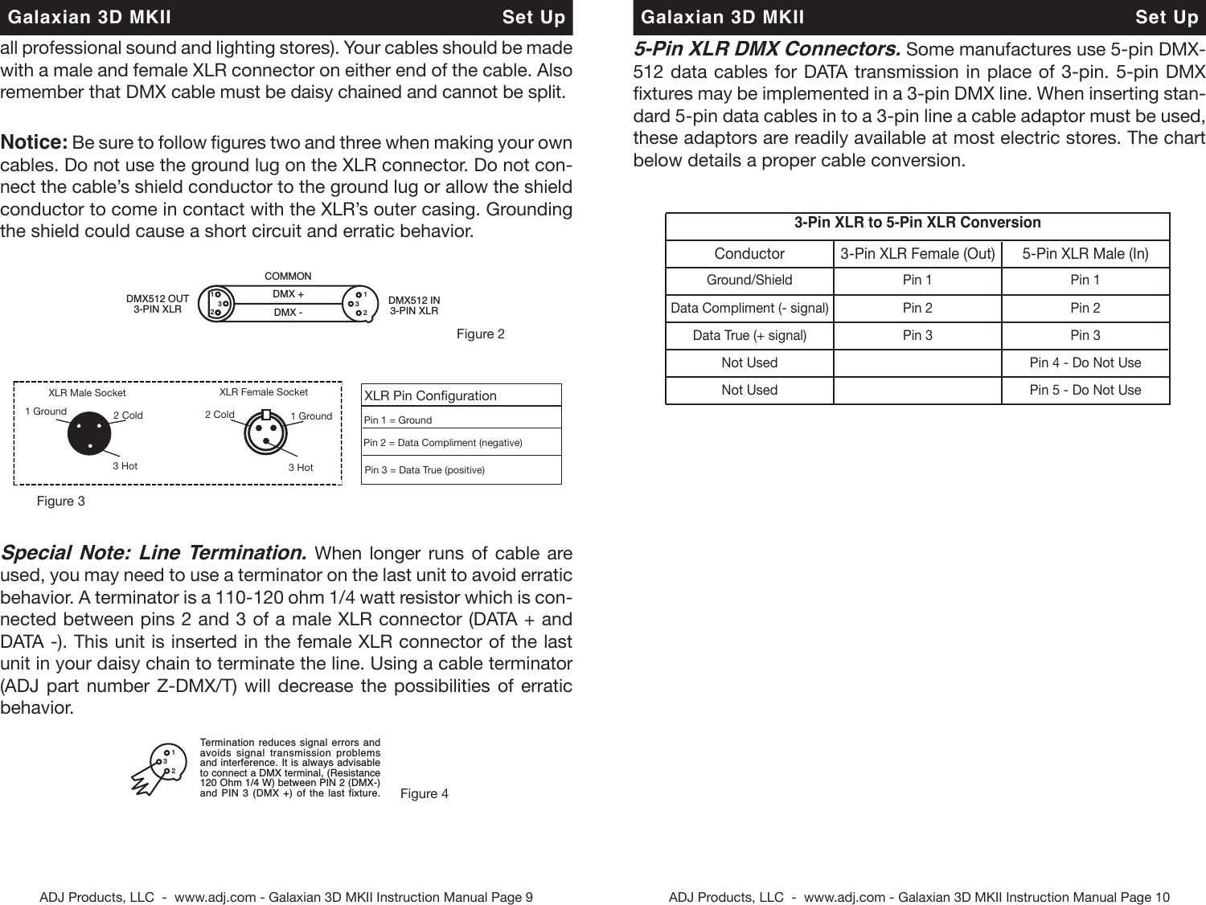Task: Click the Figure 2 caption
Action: (x=480, y=334)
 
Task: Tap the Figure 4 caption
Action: (x=424, y=793)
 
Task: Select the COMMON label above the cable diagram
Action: (x=288, y=276)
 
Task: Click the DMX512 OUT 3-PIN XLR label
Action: (x=158, y=304)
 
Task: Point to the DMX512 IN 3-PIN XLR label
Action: (x=414, y=305)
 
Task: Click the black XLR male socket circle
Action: (x=90, y=434)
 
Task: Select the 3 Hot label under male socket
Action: (x=125, y=465)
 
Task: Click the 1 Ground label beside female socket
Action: (x=311, y=416)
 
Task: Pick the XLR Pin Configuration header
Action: (x=430, y=395)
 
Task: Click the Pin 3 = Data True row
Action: (x=425, y=470)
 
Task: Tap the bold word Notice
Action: (x=34, y=142)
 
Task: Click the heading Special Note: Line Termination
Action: (x=153, y=553)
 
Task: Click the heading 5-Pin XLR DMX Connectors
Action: (x=766, y=49)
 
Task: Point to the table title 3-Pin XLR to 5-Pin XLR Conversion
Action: (x=917, y=223)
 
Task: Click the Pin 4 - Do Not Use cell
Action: (x=1085, y=362)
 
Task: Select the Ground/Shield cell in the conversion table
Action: (x=749, y=280)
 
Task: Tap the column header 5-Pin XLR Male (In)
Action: (x=1085, y=254)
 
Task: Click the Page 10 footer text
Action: (x=919, y=897)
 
